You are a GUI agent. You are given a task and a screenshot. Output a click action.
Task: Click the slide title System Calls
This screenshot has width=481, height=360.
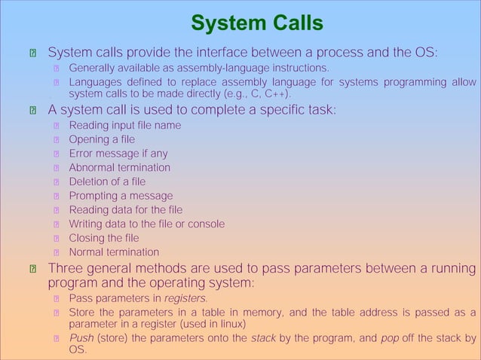point(257,23)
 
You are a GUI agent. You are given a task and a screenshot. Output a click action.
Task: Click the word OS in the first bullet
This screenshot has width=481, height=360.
point(424,53)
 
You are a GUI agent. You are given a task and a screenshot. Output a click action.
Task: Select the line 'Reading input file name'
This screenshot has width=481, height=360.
point(125,125)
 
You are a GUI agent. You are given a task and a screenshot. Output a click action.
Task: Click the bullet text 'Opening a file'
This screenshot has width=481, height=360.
point(102,139)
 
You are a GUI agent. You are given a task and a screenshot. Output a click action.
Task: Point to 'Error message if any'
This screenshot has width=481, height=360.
point(118,154)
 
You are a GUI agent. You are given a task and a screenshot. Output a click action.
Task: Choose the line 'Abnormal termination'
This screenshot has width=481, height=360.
point(119,167)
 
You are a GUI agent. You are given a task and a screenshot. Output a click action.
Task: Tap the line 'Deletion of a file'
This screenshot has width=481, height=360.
point(107,182)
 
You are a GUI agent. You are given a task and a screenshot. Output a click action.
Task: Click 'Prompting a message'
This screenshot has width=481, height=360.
point(121,196)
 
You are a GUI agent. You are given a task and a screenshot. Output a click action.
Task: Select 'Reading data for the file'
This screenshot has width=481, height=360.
point(125,209)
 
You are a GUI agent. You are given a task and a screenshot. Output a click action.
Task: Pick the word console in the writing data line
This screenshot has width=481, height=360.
point(204,224)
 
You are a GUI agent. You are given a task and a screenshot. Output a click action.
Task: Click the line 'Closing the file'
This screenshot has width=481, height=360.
point(104,238)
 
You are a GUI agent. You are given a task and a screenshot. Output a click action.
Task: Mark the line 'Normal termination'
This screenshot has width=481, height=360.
point(114,252)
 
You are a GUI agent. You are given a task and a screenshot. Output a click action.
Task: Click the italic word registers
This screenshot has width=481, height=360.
point(185,298)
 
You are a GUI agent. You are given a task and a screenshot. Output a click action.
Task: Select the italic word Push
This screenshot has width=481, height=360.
point(81,338)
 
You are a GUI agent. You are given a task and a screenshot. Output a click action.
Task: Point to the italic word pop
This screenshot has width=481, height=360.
point(390,338)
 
